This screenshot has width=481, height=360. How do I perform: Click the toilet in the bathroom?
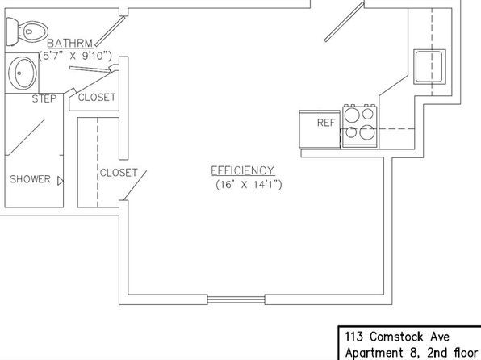pos(27,31)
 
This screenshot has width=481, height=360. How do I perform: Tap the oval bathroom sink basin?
pos(23,73)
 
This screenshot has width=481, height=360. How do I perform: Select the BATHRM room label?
pos(70,43)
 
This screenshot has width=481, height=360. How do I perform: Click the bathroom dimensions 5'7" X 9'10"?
pos(76,56)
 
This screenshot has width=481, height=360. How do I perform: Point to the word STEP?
pos(44,98)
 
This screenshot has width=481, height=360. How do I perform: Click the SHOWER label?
pos(30,179)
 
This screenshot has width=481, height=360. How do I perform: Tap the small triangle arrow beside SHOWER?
pos(61,181)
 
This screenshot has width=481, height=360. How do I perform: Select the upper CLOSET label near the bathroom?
pos(97,98)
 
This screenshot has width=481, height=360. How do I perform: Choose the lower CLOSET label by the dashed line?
pos(119,173)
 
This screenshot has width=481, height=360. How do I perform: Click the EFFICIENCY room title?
pos(242,170)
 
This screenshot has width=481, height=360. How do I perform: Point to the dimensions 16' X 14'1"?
pos(249,185)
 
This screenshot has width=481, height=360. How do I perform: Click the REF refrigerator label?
pos(326,123)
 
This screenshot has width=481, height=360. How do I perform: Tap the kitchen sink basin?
pos(429,66)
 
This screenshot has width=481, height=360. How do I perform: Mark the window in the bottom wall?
pos(236,299)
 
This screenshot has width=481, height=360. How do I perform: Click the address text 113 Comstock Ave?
pos(397,337)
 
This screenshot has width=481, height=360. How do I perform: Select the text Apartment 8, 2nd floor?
pos(412,353)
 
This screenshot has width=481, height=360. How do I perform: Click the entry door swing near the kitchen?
pos(345,22)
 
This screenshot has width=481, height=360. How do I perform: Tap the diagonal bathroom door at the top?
pos(110,31)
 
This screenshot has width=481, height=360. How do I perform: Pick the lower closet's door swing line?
pos(135,186)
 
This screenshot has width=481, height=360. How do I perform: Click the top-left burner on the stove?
pos(351,115)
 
